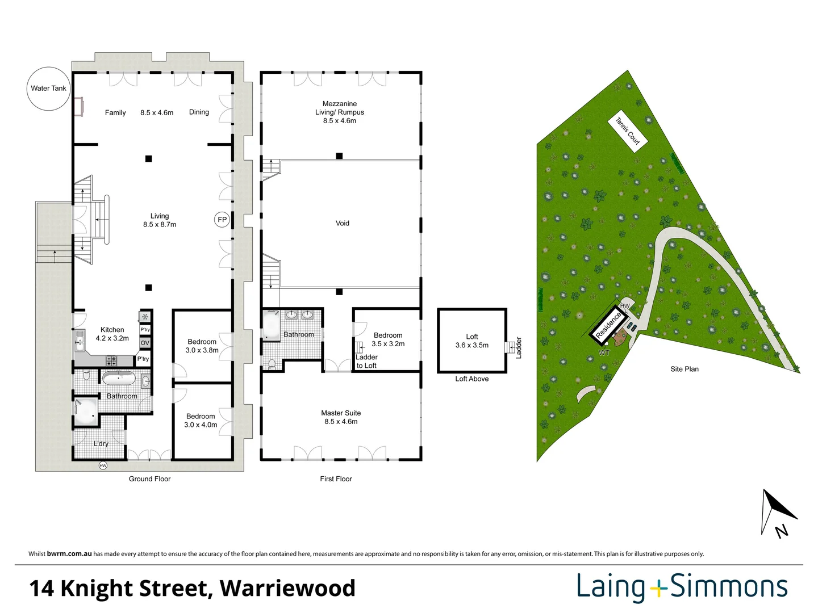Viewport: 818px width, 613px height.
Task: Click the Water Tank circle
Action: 48,89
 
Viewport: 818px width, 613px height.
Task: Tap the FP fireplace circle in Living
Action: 222,220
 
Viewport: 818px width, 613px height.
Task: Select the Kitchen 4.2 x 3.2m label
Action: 112,334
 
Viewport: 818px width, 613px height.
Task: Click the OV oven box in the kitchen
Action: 145,343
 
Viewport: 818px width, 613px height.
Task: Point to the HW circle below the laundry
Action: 103,465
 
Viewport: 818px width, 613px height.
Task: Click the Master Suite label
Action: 341,417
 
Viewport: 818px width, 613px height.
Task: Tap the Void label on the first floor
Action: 342,223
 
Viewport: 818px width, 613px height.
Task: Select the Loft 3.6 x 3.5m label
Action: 471,341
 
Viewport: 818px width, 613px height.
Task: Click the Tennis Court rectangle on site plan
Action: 628,131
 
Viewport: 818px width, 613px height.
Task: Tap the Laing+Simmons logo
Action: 682,587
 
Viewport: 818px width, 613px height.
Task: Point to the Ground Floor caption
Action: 149,479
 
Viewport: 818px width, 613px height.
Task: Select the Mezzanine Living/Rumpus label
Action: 340,112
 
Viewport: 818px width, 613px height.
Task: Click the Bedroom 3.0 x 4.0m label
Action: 201,421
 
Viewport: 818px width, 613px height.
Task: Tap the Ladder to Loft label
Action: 366,361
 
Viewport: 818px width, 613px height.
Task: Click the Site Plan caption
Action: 684,369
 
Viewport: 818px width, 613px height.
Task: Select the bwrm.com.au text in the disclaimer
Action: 69,554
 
